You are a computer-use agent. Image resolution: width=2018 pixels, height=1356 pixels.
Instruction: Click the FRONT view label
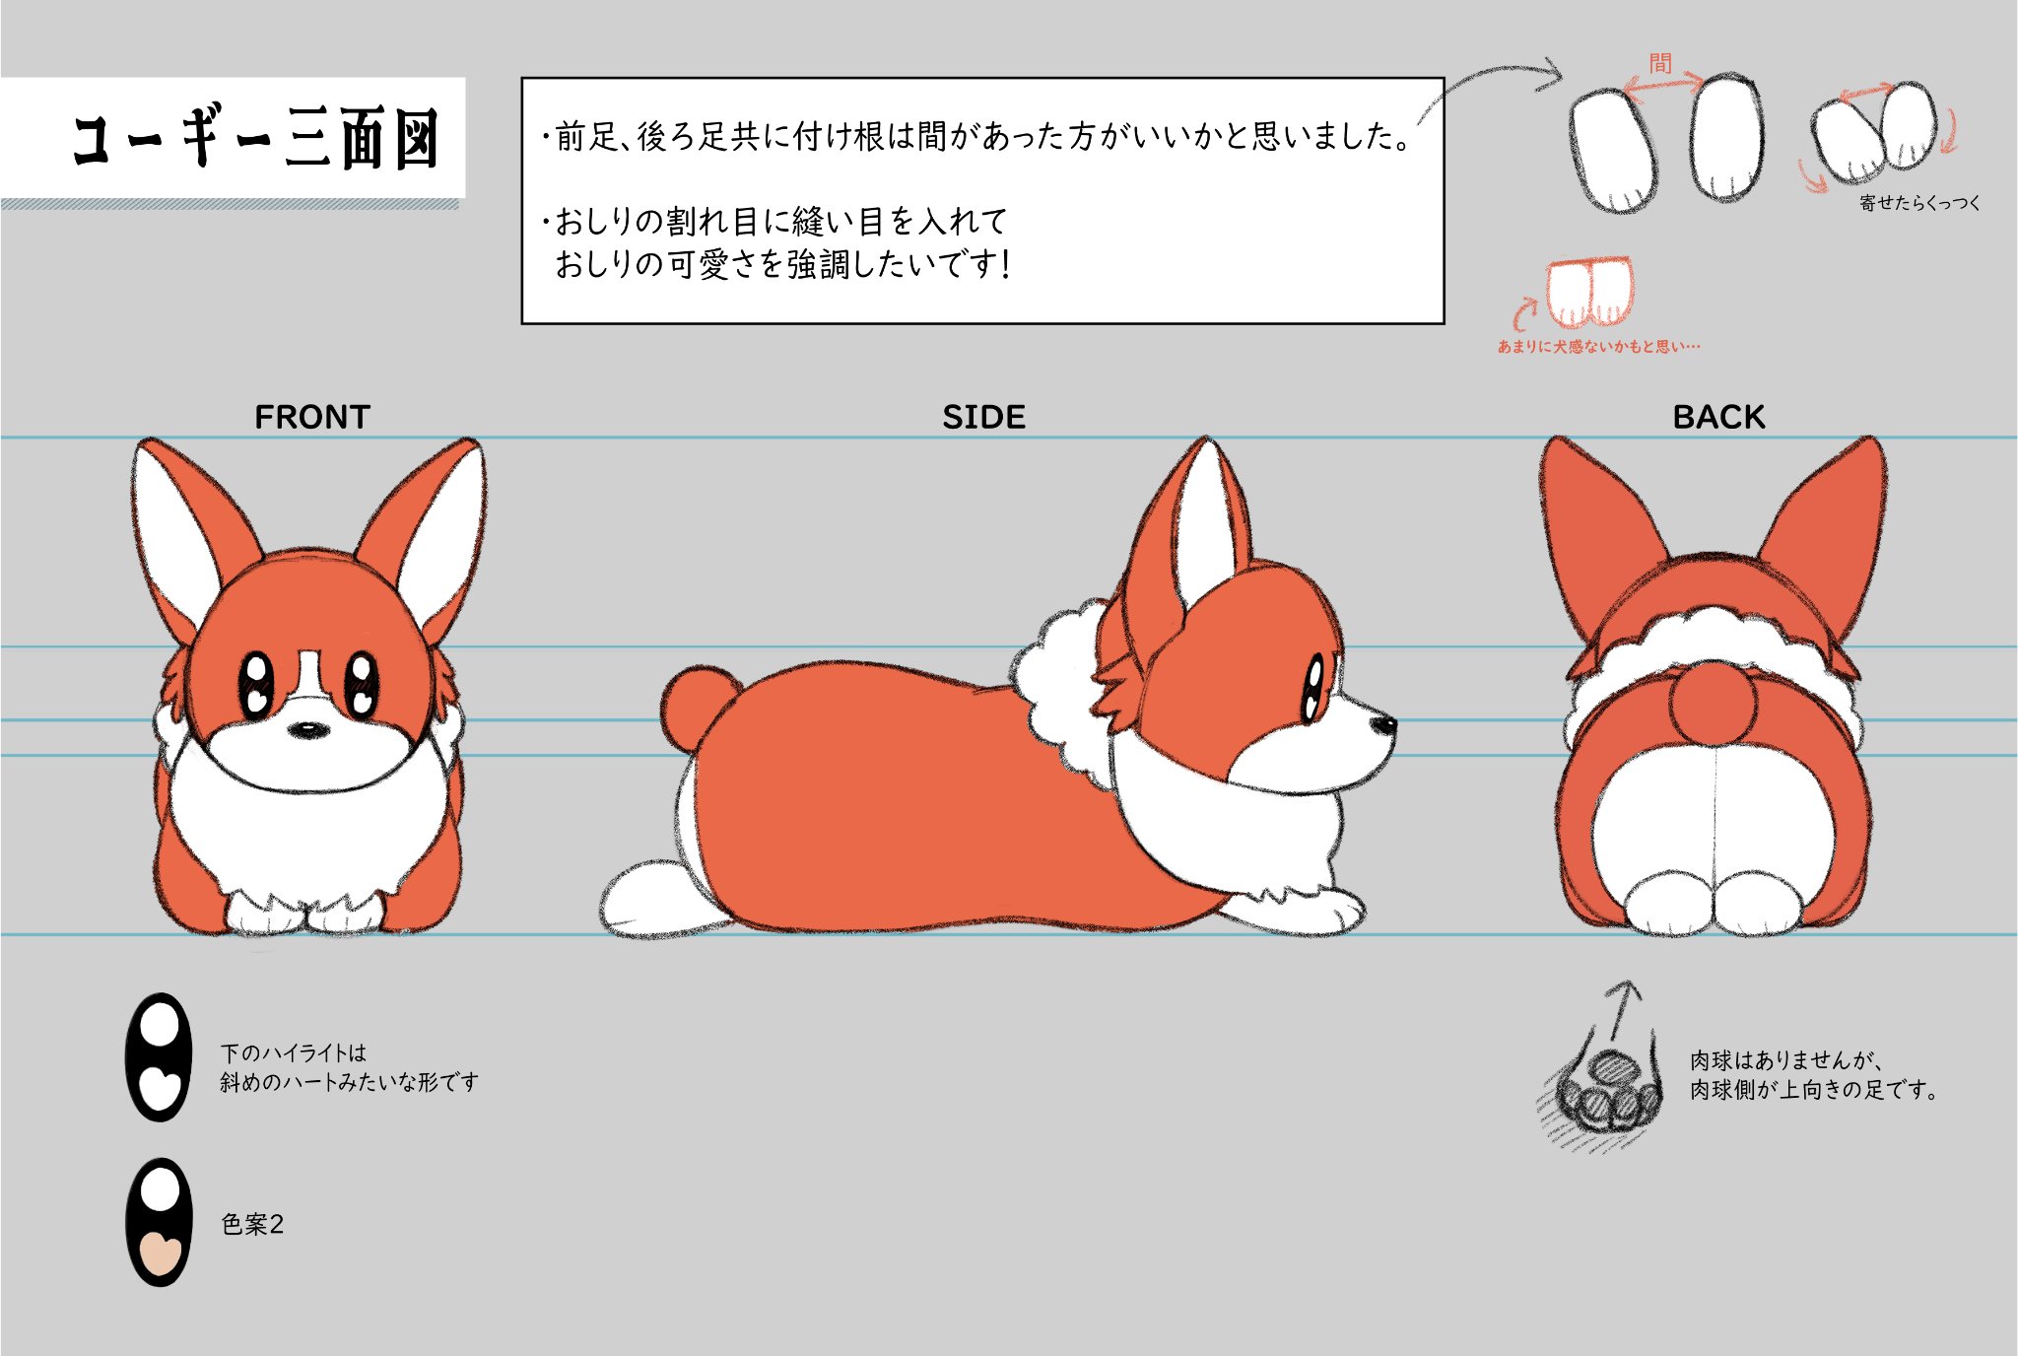pos(311,417)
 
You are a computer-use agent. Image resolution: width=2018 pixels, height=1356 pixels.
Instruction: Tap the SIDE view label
pos(983,417)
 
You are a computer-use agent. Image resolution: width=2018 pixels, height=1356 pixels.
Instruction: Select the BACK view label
pos(1718,417)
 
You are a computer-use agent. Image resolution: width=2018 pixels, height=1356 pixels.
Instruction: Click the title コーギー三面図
pos(255,139)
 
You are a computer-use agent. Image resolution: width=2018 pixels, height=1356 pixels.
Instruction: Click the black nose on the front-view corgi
pos(308,730)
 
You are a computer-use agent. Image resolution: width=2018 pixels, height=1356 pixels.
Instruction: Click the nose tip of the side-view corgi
pos(1386,725)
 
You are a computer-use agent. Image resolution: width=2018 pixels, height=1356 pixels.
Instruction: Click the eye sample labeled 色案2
pos(159,1222)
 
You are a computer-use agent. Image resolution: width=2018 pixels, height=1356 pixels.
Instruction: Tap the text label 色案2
pos(252,1224)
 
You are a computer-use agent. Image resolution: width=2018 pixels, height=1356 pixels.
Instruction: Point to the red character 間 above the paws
pos(1660,64)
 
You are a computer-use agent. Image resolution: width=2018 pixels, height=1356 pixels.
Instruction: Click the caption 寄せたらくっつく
pos(1918,203)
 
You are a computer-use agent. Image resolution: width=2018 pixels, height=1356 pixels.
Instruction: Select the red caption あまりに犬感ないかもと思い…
pos(1598,347)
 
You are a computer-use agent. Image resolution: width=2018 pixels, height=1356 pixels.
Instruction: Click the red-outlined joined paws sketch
pos(1588,291)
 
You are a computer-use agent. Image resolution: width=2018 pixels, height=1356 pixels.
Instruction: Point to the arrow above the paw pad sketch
pos(1621,1009)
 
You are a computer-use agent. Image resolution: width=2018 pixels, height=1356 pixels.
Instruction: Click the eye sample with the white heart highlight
pos(159,1056)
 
